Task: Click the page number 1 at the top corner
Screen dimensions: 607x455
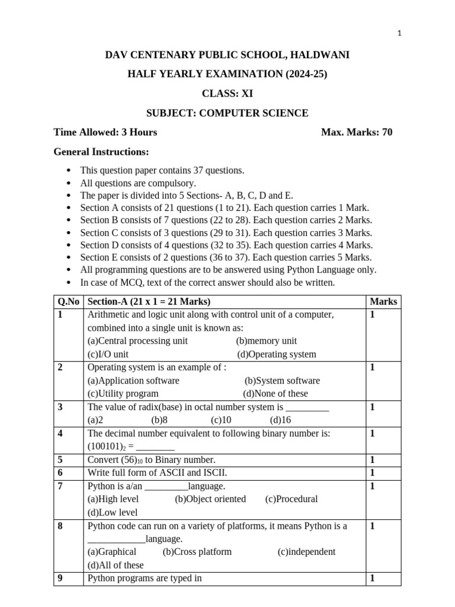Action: [400, 34]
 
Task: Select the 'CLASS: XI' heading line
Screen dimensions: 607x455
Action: [227, 93]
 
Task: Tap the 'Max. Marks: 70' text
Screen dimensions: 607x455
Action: [357, 132]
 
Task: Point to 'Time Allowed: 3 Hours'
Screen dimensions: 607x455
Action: [105, 132]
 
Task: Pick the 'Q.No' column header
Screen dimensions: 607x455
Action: [69, 302]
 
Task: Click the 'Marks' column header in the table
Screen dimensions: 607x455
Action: [383, 302]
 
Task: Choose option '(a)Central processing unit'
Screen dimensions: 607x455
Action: [137, 341]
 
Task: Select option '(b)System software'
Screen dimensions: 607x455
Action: [282, 381]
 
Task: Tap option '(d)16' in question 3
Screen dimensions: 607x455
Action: [281, 420]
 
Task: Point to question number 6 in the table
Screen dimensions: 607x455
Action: [60, 472]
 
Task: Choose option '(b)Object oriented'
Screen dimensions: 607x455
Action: [210, 499]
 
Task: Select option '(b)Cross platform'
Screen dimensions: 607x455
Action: [197, 551]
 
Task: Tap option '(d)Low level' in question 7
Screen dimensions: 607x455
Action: [113, 512]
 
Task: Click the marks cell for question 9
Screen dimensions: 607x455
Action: [373, 578]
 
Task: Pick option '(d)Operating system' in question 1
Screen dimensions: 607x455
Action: [277, 354]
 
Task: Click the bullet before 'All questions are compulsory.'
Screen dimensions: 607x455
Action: [69, 184]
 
